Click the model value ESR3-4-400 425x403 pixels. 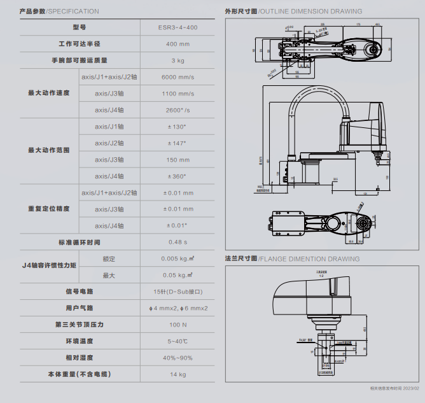pyautogui.click(x=178, y=28)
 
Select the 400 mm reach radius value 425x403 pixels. pyautogui.click(x=178, y=45)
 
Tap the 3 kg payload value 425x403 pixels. pyautogui.click(x=178, y=61)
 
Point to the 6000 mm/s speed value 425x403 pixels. pyautogui.click(x=178, y=77)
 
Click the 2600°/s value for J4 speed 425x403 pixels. pyautogui.click(x=178, y=110)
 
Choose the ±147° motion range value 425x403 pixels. pyautogui.click(x=178, y=143)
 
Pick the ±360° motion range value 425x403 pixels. pyautogui.click(x=178, y=176)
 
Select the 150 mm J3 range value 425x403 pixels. pyautogui.click(x=178, y=160)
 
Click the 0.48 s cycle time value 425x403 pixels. pyautogui.click(x=178, y=243)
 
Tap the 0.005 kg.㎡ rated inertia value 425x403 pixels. pyautogui.click(x=178, y=258)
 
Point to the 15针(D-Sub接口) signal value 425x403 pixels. pyautogui.click(x=178, y=292)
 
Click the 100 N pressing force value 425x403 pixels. pyautogui.click(x=178, y=325)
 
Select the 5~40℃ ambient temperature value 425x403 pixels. pyautogui.click(x=178, y=341)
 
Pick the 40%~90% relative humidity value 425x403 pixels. pyautogui.click(x=178, y=358)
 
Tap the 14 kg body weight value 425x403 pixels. pyautogui.click(x=178, y=374)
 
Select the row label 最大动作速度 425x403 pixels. pyautogui.click(x=48, y=94)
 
